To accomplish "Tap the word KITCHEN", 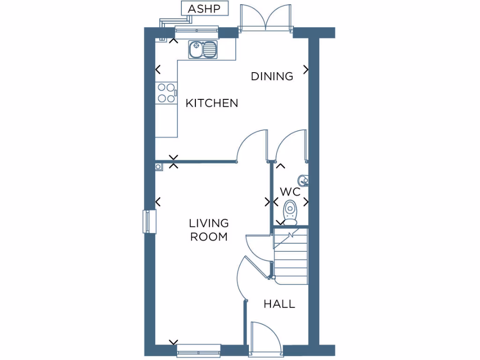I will tap(212, 103).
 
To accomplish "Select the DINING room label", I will tap(272, 76).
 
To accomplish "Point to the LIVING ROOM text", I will tap(209, 230).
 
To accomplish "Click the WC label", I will tap(290, 191).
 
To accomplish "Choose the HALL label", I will tap(279, 304).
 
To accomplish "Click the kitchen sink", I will tap(203, 49).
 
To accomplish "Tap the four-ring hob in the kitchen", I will tap(166, 92).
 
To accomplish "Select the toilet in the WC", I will tap(291, 211).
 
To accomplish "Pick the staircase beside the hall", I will tap(290, 257).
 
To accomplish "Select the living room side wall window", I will tap(149, 221).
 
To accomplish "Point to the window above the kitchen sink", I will tap(197, 31).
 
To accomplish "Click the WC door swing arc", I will tap(289, 145).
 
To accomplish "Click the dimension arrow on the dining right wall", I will tap(306, 69).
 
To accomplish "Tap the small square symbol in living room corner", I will tap(158, 166).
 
